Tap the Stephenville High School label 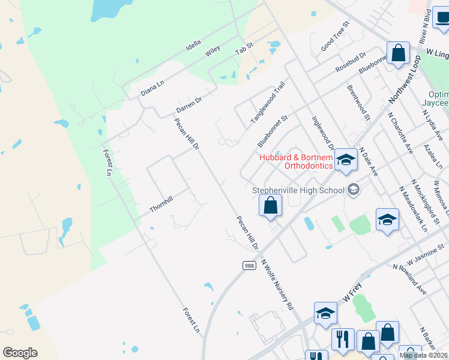pos(298,190)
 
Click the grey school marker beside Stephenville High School pos(354,190)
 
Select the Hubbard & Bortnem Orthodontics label pos(296,161)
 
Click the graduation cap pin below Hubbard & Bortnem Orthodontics pos(346,160)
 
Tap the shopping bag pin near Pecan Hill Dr pos(271,206)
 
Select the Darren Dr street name pos(188,104)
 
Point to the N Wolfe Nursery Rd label pos(277,288)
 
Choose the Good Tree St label pos(335,37)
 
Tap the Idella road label pos(193,44)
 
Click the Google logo pos(20,353)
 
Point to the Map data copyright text pos(424,355)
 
